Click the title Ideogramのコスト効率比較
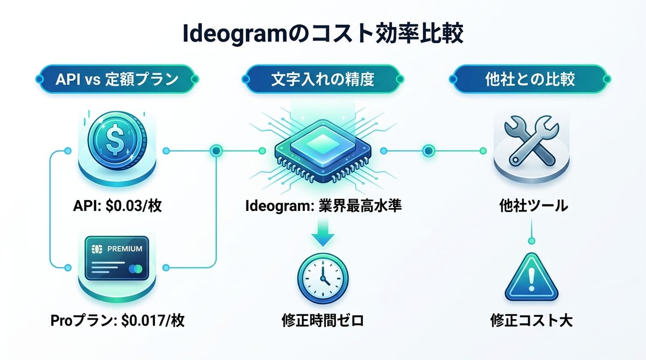coord(322,34)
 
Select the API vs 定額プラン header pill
coord(117,79)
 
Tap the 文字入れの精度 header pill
coord(322,79)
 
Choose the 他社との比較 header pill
coord(529,79)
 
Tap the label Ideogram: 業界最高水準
coord(323,206)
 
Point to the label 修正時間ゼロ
coord(322,322)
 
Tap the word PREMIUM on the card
coord(124,249)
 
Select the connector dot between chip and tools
coord(429,151)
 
